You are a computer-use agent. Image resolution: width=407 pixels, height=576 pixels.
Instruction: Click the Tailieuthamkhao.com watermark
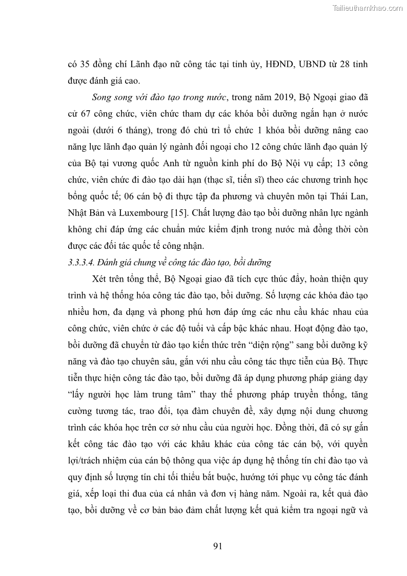(368, 8)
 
